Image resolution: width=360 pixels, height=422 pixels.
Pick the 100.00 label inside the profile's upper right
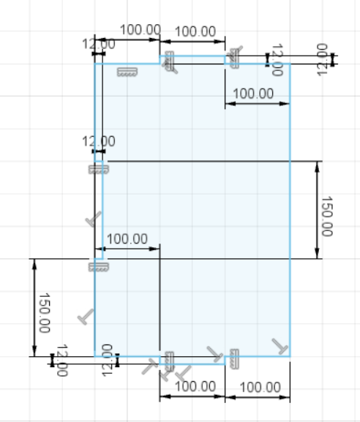(x=252, y=94)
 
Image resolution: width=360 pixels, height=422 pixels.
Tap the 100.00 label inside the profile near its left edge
(x=127, y=239)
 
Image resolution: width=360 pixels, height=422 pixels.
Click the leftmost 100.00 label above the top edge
(x=139, y=30)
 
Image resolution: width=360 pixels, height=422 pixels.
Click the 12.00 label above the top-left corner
(x=97, y=45)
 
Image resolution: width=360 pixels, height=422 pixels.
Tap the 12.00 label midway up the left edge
(x=98, y=141)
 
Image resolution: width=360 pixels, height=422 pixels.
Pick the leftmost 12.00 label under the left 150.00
(x=61, y=360)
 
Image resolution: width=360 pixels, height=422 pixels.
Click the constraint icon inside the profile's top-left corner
(x=127, y=72)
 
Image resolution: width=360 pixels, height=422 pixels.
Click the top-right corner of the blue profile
(x=290, y=64)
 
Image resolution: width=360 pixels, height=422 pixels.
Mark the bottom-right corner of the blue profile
(x=290, y=356)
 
